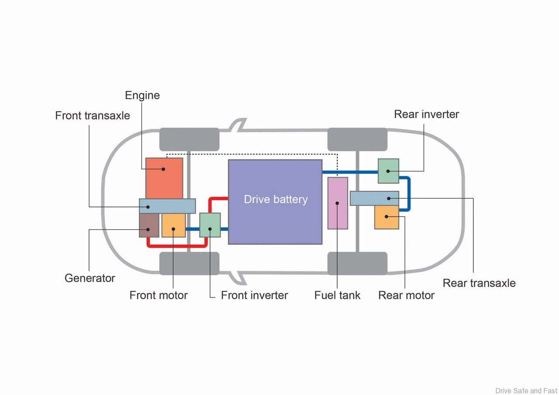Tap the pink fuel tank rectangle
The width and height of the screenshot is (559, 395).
point(338,203)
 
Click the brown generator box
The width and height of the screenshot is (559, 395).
point(149,225)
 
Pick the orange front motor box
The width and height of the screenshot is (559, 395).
point(173,225)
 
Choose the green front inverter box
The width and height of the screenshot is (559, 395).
point(210,225)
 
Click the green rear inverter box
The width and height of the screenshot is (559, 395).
point(388,171)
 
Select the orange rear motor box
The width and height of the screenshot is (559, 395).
point(387,217)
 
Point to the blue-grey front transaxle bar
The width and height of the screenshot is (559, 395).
point(167,206)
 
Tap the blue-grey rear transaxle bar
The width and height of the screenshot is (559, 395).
point(374,198)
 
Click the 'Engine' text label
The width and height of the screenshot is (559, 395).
point(142,95)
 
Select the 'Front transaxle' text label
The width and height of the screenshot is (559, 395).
point(93,116)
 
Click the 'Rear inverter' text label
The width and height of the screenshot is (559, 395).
point(426,114)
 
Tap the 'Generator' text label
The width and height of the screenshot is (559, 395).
point(90,278)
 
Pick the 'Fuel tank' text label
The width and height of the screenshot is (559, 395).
point(337,295)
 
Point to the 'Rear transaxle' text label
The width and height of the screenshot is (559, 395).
point(479,283)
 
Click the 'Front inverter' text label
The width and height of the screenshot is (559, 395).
point(254,295)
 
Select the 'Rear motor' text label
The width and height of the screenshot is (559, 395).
point(406,295)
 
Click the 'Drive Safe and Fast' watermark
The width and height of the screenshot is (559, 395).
point(526,391)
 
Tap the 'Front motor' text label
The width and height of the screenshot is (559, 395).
point(159,295)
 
